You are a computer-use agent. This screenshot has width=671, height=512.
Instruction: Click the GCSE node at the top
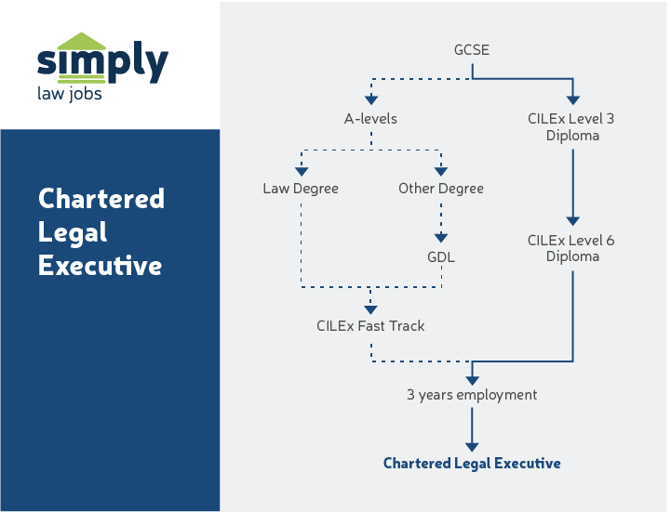(x=472, y=48)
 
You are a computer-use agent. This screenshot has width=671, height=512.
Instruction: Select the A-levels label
(x=371, y=119)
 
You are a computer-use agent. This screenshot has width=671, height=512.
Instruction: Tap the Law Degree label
(x=301, y=189)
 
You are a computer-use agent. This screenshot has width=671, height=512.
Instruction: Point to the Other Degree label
(x=441, y=189)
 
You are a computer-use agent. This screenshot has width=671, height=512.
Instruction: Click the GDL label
(x=441, y=257)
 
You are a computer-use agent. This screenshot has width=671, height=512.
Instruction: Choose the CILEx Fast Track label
(x=370, y=326)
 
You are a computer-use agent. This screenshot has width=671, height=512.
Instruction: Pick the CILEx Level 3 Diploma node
(x=571, y=127)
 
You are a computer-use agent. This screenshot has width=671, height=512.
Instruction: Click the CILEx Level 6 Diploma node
(x=571, y=248)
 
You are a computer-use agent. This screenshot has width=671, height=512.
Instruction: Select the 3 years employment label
(x=472, y=395)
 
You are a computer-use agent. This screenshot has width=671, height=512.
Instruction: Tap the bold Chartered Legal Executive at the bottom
(x=472, y=463)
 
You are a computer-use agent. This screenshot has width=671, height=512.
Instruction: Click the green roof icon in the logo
(x=82, y=42)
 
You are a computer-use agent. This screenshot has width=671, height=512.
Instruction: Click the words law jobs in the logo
(x=70, y=94)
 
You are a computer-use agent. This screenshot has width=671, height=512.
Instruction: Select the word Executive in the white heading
(x=100, y=266)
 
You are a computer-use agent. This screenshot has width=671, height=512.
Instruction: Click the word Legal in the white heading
(x=74, y=232)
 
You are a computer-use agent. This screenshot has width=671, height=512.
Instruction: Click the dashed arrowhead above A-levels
(x=371, y=99)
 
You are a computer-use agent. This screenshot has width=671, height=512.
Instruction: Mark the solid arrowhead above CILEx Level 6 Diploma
(x=572, y=221)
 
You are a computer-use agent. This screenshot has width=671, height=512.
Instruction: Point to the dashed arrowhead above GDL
(x=441, y=238)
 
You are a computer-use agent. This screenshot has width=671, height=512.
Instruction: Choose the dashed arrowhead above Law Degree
(x=301, y=170)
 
